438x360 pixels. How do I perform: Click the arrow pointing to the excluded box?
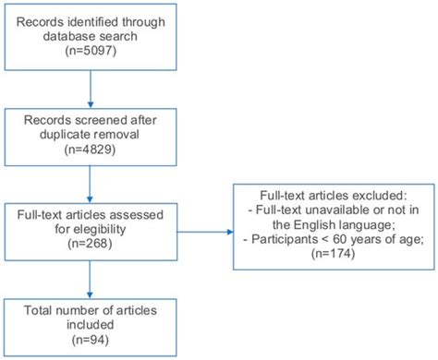[x=208, y=228]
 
